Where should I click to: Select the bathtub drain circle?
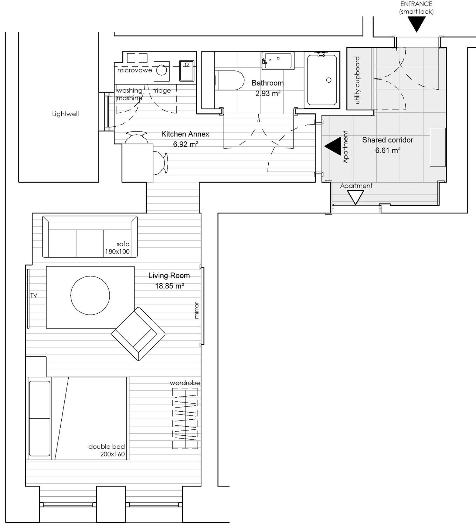click(x=329, y=80)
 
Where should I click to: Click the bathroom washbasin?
click(x=278, y=60)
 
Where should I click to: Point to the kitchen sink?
click(x=187, y=71)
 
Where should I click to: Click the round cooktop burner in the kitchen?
click(x=162, y=70)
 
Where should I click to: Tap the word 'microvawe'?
click(x=134, y=70)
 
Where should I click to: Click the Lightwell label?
click(x=65, y=114)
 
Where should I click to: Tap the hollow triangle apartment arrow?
click(x=355, y=197)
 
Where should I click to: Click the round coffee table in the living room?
click(x=90, y=295)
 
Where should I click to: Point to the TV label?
click(x=34, y=295)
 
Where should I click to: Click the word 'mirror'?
click(x=196, y=310)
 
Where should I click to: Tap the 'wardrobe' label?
click(x=185, y=383)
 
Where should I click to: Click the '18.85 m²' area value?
click(x=170, y=286)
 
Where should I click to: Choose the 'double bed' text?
click(x=107, y=447)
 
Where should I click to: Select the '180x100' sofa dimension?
click(x=117, y=251)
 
